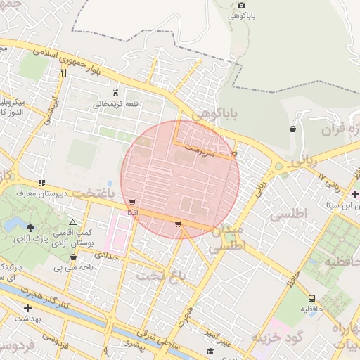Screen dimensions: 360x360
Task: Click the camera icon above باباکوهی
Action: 242,6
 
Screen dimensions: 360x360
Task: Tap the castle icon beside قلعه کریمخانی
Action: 116,94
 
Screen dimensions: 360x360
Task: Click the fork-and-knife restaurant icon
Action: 64,72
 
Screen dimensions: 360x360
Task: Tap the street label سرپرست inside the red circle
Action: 200,149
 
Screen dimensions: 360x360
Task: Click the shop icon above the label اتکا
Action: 132,202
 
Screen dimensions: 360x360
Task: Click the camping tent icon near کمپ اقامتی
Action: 72,222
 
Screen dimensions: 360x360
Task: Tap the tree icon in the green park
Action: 31,226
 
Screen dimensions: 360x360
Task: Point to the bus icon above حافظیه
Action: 311,297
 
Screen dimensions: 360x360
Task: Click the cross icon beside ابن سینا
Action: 355,195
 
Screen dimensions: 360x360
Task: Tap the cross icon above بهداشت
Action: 27,308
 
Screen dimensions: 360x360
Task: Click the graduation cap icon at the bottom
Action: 210,351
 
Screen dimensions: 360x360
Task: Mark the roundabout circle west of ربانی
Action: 279,167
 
